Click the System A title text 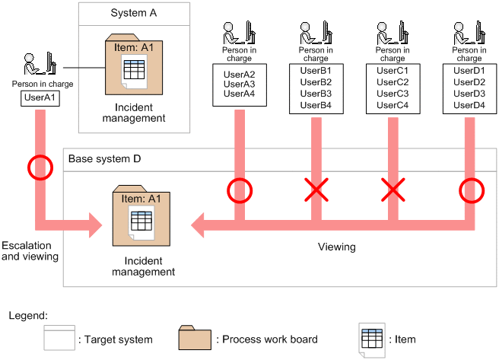(134, 13)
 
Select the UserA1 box (40, 98)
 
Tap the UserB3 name (316, 94)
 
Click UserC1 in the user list (393, 70)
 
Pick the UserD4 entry (469, 105)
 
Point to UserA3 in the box (240, 84)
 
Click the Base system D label (104, 158)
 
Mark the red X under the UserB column (316, 190)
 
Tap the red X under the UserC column (393, 190)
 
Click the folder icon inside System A (134, 64)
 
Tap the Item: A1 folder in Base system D (141, 215)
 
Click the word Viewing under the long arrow (337, 247)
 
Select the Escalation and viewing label (30, 251)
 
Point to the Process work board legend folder (195, 337)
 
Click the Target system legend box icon (59, 338)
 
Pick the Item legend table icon (372, 340)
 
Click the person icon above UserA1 (40, 63)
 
